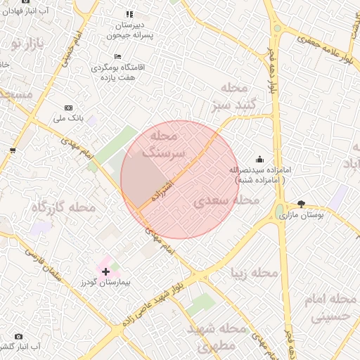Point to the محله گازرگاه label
tap(63, 207)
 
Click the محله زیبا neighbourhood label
tap(255, 272)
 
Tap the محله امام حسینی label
tap(330, 308)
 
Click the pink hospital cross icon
tap(105, 271)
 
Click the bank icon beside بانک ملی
tap(68, 108)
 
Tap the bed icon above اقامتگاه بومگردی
tap(117, 56)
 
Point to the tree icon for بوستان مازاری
tap(302, 203)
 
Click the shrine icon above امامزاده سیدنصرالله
tap(260, 159)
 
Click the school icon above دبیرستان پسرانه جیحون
tap(129, 13)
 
